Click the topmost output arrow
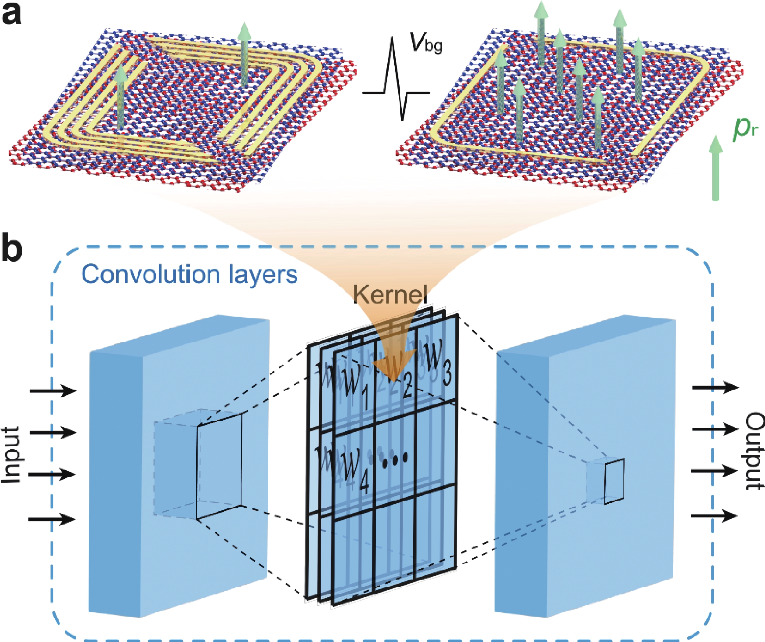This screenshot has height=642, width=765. (x=715, y=387)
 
